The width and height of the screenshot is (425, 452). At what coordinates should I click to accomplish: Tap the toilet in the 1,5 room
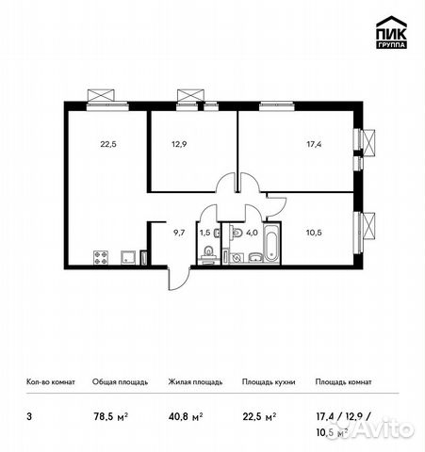coord(205,251)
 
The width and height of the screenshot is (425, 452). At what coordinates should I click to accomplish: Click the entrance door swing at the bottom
coord(175,276)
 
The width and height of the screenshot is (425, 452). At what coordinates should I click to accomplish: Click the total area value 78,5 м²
coord(110,413)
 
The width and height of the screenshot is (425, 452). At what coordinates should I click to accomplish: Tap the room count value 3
coord(29,413)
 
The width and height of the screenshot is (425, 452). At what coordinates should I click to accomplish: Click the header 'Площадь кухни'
coord(269,382)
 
